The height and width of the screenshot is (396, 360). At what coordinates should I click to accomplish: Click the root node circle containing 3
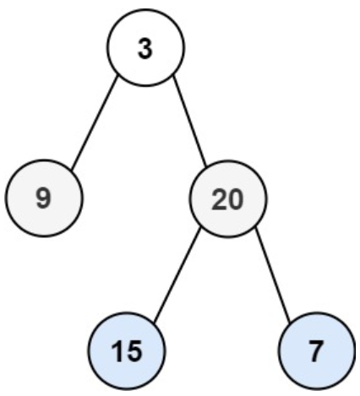(x=145, y=47)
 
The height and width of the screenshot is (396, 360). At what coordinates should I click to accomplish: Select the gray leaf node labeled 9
(x=44, y=198)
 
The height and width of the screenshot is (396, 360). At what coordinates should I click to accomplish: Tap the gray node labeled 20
(x=227, y=198)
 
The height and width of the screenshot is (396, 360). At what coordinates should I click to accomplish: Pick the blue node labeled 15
(x=126, y=350)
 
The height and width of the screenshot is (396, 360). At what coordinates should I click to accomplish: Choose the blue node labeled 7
(x=317, y=350)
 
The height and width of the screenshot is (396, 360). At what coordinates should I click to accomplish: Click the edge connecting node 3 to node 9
(x=95, y=123)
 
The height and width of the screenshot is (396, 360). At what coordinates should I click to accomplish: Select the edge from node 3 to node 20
(x=189, y=121)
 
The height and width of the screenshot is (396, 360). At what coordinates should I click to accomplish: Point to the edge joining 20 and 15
(x=177, y=274)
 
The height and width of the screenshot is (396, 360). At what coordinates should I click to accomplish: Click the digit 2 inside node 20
(x=219, y=199)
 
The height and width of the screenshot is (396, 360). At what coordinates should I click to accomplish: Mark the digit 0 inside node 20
(x=235, y=199)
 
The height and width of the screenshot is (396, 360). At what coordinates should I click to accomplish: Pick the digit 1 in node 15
(x=117, y=351)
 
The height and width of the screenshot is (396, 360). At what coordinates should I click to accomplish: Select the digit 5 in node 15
(x=134, y=351)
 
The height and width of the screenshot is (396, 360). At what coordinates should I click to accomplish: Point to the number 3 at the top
(x=145, y=48)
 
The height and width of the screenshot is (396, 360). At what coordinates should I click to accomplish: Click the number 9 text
(x=43, y=198)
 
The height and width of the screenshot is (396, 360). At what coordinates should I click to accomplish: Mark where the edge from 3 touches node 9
(x=72, y=171)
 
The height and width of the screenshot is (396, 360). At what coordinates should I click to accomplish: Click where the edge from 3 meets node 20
(x=206, y=166)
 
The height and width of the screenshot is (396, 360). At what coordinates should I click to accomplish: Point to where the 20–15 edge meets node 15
(x=155, y=321)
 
